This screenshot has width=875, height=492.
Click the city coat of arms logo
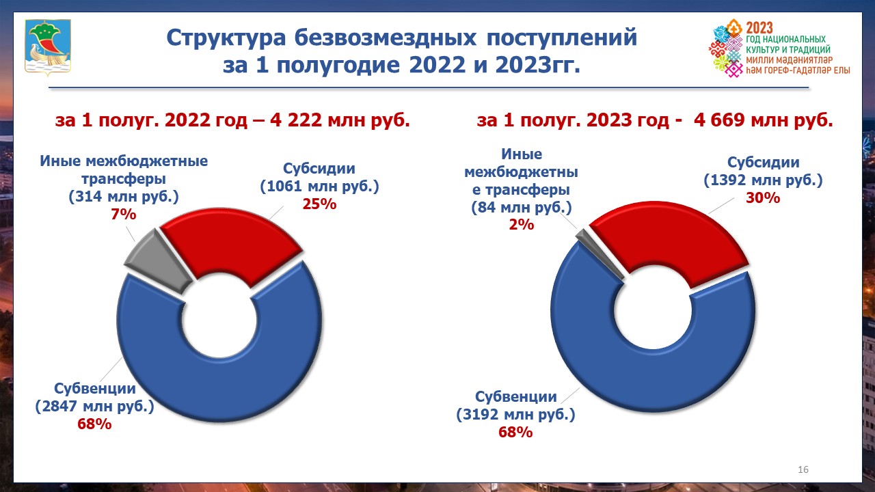(x=48, y=47)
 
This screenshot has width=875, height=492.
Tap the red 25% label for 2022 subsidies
(x=319, y=204)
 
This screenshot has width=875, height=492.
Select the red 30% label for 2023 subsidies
(x=763, y=197)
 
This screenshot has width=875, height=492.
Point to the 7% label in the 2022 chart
(x=124, y=214)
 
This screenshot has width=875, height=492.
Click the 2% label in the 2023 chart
(x=522, y=225)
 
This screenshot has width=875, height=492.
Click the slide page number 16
(x=803, y=469)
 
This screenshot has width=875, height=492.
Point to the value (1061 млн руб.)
(x=319, y=187)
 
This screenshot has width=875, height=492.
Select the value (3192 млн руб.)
(x=515, y=414)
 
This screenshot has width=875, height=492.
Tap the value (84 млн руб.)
(x=522, y=207)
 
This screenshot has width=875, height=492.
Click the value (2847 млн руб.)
(x=94, y=406)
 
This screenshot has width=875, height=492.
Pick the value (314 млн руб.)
(x=124, y=196)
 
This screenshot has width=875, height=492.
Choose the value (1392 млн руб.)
(x=763, y=180)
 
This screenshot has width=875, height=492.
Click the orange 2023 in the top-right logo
(x=759, y=28)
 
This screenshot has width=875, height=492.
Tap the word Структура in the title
(x=226, y=38)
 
